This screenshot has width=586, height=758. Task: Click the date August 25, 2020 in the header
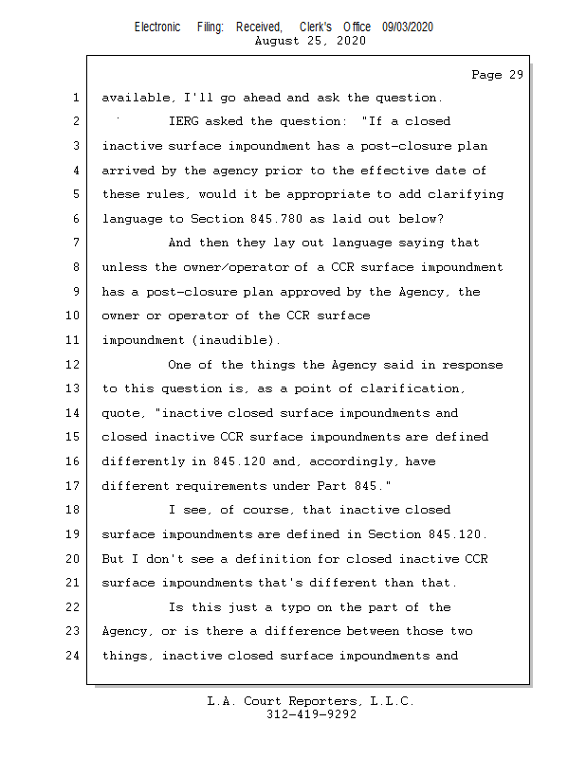(x=310, y=41)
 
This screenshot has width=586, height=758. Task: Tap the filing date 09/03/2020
(x=408, y=27)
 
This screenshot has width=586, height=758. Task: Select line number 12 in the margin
(x=74, y=364)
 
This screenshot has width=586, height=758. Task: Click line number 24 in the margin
(x=74, y=656)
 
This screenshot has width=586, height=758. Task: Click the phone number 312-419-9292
(x=310, y=714)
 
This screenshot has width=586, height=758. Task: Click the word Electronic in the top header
(x=157, y=27)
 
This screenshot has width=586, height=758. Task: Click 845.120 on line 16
(x=272, y=461)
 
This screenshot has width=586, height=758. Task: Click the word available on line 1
(x=136, y=98)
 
